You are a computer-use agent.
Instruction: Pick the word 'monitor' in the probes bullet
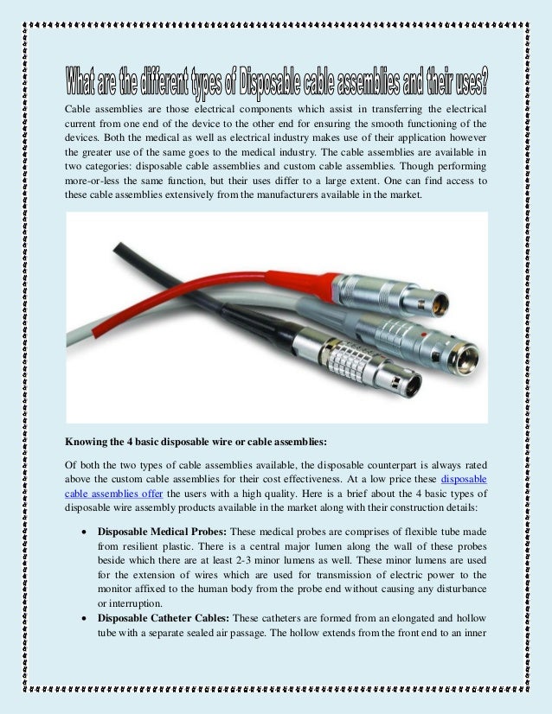point(116,589)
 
